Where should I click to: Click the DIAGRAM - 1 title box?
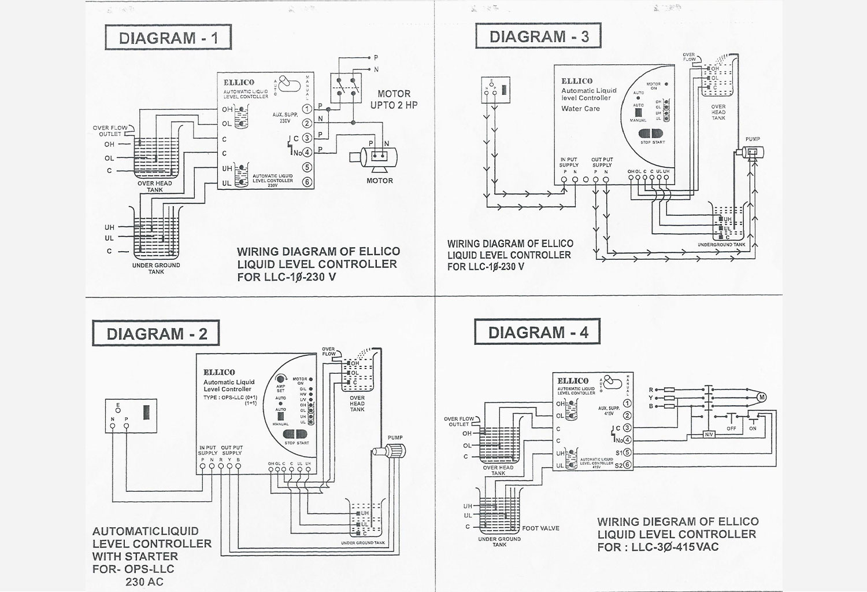tap(168, 38)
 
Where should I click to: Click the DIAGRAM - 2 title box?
tap(156, 333)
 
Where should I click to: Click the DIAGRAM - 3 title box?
tap(539, 36)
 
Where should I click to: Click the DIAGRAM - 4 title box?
tap(538, 332)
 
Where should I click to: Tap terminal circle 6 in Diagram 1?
tap(307, 182)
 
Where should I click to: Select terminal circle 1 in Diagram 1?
tap(307, 108)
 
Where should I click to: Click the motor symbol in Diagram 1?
tap(379, 157)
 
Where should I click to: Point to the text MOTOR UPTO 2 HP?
tap(394, 99)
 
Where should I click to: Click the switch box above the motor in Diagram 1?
tap(346, 88)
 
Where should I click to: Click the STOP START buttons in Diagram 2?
tap(296, 435)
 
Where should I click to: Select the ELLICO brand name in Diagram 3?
tap(577, 81)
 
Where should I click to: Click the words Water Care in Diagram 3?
tap(580, 109)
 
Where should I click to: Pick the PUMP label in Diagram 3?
tap(753, 139)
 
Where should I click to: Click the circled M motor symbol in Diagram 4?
tap(762, 397)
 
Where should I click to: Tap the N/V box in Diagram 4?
tap(709, 434)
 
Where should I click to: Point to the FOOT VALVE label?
tap(540, 528)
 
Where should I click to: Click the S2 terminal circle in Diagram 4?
tap(628, 465)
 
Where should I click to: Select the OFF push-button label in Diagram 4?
tap(731, 428)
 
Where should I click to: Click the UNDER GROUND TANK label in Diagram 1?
tap(156, 269)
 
